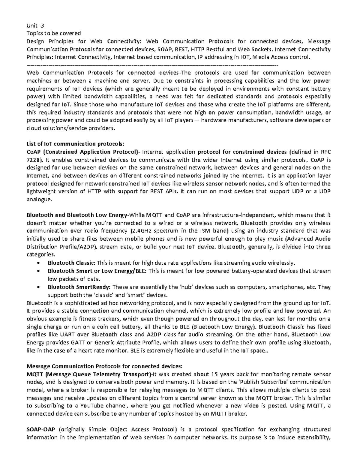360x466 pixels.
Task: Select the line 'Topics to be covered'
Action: point(54,33)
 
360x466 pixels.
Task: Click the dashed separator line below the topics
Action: point(152,65)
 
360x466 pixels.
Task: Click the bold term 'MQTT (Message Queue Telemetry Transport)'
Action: point(89,374)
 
